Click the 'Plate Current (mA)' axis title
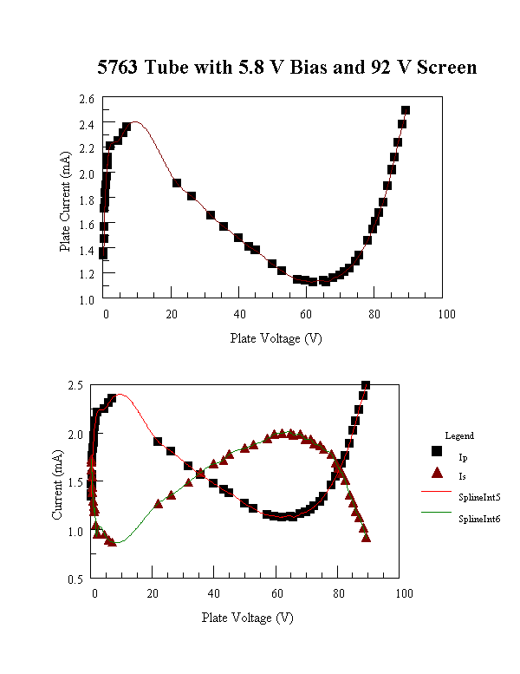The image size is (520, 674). (66, 198)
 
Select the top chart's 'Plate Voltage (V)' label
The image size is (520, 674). (276, 338)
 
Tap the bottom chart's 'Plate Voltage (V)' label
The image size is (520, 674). (247, 618)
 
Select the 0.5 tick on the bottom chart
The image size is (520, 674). (77, 579)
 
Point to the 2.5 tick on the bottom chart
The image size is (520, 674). (77, 385)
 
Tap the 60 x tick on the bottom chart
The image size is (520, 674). (281, 593)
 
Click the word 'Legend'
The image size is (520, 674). (459, 435)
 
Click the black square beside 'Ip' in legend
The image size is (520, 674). (437, 455)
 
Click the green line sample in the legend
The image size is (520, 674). (437, 516)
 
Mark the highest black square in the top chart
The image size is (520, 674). (406, 110)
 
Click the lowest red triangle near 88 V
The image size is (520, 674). (367, 538)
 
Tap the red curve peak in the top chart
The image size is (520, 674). (134, 122)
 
